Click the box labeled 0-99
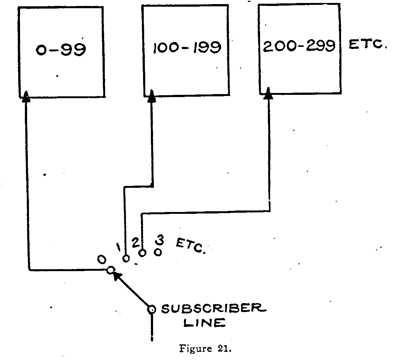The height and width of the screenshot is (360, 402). pyautogui.click(x=61, y=52)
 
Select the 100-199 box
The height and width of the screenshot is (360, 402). pyautogui.click(x=185, y=50)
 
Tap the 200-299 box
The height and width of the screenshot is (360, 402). pyautogui.click(x=299, y=48)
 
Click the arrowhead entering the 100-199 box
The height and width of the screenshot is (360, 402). pyautogui.click(x=152, y=96)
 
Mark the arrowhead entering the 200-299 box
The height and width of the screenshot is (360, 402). pyautogui.click(x=268, y=95)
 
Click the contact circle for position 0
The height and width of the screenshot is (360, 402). pyautogui.click(x=110, y=270)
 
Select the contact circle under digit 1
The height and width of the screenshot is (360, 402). pyautogui.click(x=126, y=258)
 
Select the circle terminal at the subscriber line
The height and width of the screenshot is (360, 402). pyautogui.click(x=152, y=309)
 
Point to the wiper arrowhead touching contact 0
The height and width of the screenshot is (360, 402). pyautogui.click(x=117, y=276)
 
